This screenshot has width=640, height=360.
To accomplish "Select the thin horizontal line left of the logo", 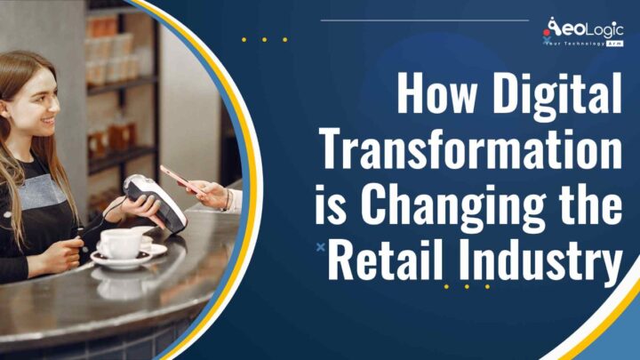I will pos(424,20).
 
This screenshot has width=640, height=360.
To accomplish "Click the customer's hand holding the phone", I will pos(213,193).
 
